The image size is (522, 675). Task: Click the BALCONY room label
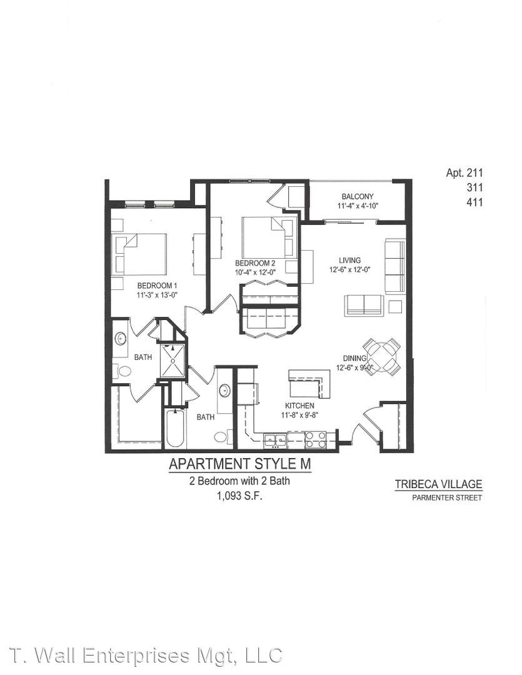(x=358, y=196)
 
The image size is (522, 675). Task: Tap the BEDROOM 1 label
(x=157, y=286)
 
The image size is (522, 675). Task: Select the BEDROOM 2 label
(x=255, y=263)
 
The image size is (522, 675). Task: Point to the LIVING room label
(x=349, y=260)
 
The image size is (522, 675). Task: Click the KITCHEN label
(x=299, y=406)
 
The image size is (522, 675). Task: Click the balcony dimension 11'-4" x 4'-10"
(x=358, y=206)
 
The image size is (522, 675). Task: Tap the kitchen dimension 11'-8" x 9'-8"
(x=299, y=415)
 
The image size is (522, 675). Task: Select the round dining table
(x=381, y=357)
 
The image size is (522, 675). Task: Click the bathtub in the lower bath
(x=175, y=428)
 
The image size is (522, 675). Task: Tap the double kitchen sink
(x=275, y=439)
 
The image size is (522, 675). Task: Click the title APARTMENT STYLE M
(x=240, y=464)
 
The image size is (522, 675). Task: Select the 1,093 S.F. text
(x=239, y=496)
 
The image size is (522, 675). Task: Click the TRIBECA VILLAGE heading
(x=438, y=484)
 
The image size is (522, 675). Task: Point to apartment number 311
(x=474, y=187)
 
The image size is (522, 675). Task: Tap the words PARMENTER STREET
(x=446, y=498)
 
